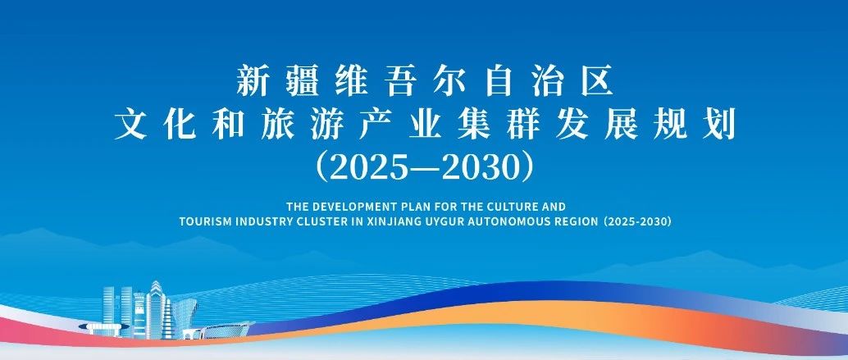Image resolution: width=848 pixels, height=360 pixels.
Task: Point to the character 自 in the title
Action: click(x=499, y=81)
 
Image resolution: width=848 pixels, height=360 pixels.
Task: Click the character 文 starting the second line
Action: click(x=130, y=125)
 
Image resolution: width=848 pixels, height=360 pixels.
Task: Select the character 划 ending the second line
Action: click(x=719, y=125)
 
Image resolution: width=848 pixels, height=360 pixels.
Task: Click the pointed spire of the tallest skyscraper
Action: click(x=155, y=282)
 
